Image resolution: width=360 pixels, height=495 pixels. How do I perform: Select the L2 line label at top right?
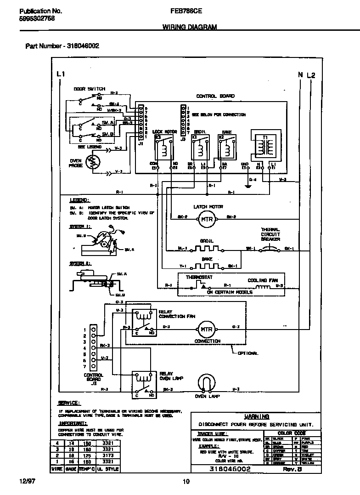point(311,75)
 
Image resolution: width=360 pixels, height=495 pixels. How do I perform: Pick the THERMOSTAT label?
point(197,278)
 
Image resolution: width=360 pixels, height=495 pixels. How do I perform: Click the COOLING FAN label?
point(262,280)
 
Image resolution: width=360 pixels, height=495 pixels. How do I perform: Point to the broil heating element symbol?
point(206,249)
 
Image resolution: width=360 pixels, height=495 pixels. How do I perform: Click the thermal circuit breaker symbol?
point(270,249)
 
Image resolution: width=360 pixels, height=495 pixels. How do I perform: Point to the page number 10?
point(186,482)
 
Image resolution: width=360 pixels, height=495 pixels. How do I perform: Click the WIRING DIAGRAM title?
point(189,27)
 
